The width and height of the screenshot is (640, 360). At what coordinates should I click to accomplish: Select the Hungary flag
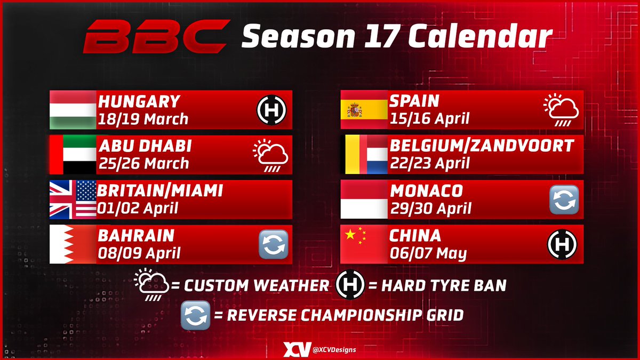click(73, 109)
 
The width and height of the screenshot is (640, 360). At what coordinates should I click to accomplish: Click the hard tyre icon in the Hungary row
click(271, 110)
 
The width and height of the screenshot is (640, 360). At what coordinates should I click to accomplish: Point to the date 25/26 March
click(143, 163)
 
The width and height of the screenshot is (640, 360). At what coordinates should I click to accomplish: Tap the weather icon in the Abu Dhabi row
click(270, 155)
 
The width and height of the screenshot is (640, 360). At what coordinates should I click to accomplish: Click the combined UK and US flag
click(73, 199)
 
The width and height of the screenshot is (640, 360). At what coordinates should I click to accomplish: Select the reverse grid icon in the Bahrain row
click(273, 244)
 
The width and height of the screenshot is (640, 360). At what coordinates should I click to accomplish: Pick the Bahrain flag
click(73, 244)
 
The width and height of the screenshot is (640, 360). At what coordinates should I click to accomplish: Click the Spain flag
click(364, 109)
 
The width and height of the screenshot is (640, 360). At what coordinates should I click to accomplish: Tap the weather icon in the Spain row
click(562, 110)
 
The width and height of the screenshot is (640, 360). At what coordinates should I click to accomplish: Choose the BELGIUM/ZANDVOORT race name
click(482, 146)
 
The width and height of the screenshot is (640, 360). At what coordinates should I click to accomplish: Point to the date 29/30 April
click(430, 207)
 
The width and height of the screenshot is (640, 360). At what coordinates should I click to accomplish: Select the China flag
click(364, 244)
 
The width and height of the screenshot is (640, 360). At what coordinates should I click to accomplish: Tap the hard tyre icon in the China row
click(563, 244)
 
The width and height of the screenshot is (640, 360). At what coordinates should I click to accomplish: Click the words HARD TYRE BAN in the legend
click(444, 286)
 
